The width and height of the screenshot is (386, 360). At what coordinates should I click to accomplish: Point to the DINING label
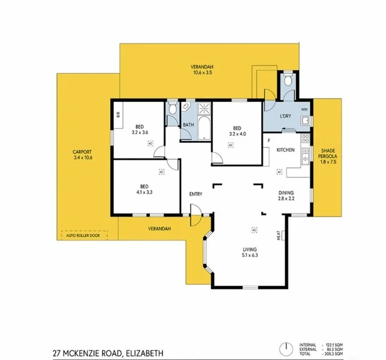[x=285, y=193]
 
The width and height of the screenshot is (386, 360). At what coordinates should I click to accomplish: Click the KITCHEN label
[x=285, y=149]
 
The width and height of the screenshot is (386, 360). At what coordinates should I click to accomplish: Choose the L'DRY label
[x=285, y=116]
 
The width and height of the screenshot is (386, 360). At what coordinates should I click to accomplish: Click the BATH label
[x=188, y=125]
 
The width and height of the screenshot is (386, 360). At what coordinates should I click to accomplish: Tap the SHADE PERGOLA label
[x=328, y=154]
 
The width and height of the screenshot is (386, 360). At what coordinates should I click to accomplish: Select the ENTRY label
[x=195, y=194]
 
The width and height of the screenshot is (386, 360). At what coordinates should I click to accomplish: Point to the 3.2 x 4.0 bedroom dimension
[x=237, y=134]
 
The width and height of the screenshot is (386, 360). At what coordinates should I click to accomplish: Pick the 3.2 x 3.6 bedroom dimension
[x=138, y=133]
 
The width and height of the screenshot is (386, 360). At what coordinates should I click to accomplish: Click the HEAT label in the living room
[x=279, y=236]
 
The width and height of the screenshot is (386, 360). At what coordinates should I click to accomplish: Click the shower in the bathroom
[x=204, y=109]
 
